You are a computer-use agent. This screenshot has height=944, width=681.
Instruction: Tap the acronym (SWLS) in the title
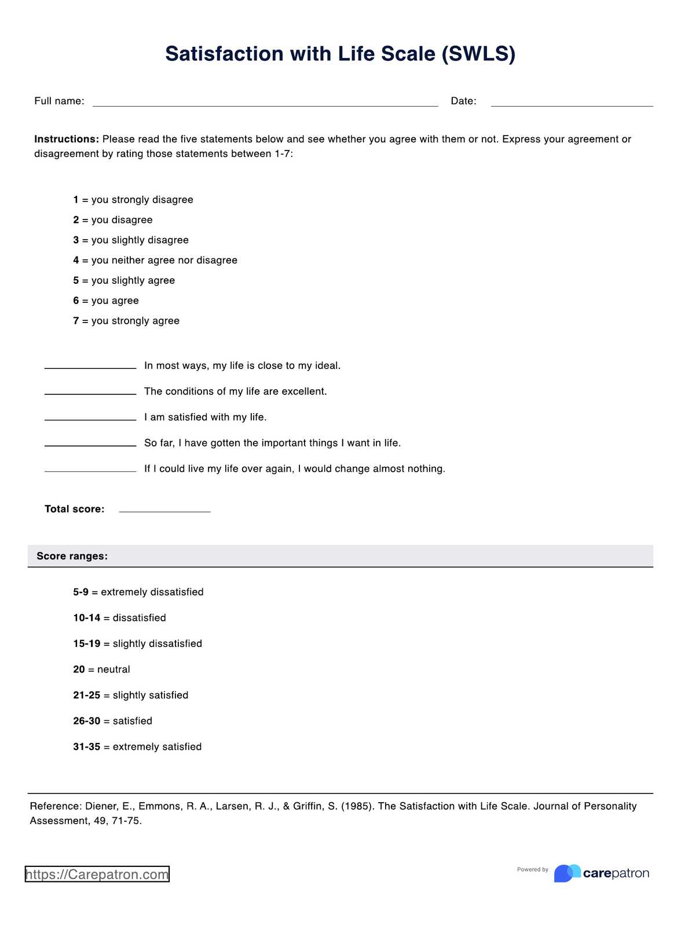point(478,54)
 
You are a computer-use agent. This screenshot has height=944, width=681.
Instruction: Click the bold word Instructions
point(67,139)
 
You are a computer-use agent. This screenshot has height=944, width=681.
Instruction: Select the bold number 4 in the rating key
point(76,260)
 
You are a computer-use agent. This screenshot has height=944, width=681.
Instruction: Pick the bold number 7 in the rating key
point(76,321)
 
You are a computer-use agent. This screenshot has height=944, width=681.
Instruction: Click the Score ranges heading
point(72,556)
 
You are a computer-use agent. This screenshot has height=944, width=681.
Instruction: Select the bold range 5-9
point(80,592)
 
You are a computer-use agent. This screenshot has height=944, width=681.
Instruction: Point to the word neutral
point(113,669)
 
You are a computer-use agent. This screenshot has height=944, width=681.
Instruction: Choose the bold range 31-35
point(86,747)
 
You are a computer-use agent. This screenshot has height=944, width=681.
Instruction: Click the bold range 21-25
point(86,695)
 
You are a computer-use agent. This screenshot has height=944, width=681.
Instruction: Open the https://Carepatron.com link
point(97,874)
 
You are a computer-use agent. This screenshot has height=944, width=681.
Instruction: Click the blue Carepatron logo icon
point(567,873)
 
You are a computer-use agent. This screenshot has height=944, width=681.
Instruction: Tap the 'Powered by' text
point(532,869)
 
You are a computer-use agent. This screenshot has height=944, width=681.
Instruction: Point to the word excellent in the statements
point(303,391)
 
